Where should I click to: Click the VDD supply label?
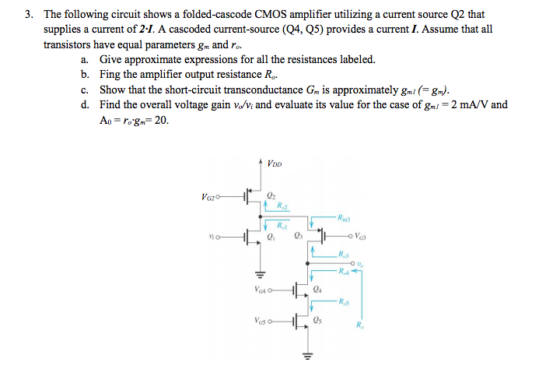click(x=274, y=164)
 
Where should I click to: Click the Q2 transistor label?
click(x=271, y=195)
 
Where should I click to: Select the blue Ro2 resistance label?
click(x=283, y=206)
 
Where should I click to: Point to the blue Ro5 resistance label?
click(x=343, y=301)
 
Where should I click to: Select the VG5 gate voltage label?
click(x=264, y=319)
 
